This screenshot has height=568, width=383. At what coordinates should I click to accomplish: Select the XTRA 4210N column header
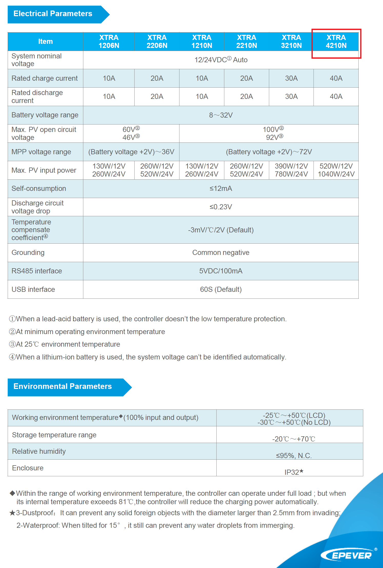[x=336, y=42]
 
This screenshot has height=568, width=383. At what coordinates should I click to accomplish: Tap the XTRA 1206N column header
[x=109, y=42]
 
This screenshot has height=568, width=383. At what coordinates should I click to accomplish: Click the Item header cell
[x=45, y=42]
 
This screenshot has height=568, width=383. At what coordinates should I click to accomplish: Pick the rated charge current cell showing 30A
[x=291, y=78]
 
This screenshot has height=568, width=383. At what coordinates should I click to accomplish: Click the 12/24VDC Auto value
[x=221, y=60]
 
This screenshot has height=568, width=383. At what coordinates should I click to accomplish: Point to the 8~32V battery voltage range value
[x=221, y=115]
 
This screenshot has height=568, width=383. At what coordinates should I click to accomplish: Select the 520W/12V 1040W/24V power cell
[x=336, y=170]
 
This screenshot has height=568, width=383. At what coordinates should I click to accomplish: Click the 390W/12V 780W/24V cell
[x=291, y=170]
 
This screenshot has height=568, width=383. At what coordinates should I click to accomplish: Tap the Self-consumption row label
[x=39, y=189]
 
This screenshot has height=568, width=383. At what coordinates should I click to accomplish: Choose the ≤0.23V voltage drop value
[x=221, y=207]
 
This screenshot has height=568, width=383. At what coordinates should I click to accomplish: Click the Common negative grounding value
[x=221, y=253]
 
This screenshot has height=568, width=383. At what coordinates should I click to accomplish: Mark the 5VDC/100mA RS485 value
[x=221, y=271]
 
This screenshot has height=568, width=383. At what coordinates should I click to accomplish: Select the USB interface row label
[x=33, y=289]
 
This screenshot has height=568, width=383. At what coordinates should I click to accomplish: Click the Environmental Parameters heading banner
[x=63, y=386]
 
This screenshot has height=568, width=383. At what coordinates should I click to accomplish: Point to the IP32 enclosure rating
[x=294, y=472]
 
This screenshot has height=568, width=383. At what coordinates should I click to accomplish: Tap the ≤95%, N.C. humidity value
[x=294, y=456]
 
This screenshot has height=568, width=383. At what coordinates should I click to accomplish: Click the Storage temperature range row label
[x=54, y=435]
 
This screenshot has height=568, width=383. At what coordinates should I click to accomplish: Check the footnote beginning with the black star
[x=174, y=513]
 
